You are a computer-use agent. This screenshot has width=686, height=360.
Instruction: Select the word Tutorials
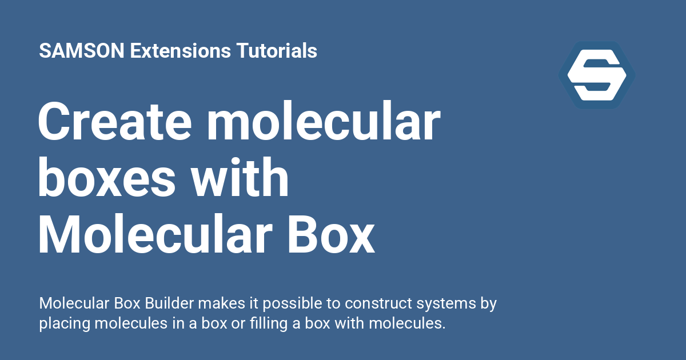coord(277,51)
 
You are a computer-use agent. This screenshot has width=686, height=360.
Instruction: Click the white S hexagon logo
coord(596,75)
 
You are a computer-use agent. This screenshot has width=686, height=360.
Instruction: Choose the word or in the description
coord(220,323)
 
